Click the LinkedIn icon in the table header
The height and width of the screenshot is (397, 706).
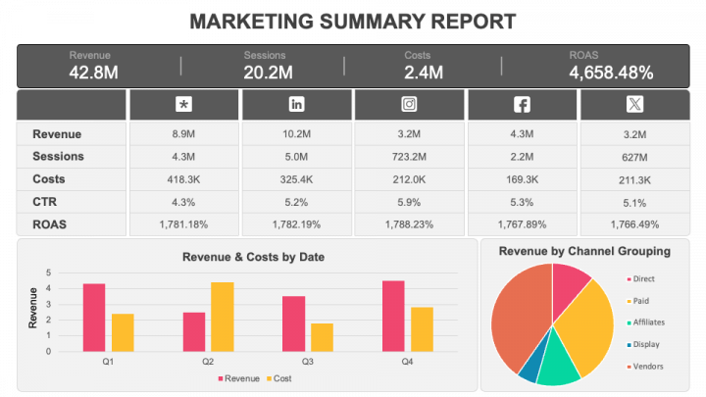coord(296,104)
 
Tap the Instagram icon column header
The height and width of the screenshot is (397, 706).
coord(409,104)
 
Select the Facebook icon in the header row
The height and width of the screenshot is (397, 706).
coord(522,104)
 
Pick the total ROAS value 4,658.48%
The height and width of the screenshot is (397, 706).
coord(610,73)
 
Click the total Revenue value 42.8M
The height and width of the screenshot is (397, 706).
coord(93,73)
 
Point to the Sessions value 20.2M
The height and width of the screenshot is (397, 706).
coord(268,73)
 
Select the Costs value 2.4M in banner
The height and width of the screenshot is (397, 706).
coord(424,73)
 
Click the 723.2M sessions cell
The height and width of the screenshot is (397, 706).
coord(409,157)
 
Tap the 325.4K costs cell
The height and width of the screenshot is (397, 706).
coord(296,179)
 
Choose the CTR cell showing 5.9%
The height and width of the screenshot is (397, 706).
coord(409,202)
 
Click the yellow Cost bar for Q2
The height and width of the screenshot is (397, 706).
coord(223,316)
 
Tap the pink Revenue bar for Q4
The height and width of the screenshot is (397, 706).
coord(392,315)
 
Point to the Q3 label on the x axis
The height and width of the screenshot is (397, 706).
coord(307,362)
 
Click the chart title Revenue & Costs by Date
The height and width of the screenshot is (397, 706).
coord(254,257)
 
